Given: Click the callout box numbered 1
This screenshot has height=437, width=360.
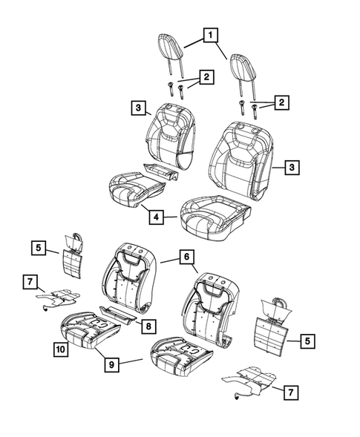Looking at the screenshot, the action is pyautogui.click(x=211, y=35).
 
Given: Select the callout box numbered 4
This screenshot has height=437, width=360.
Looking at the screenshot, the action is pyautogui.click(x=156, y=217).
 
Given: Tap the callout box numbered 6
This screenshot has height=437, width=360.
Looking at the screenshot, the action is pyautogui.click(x=186, y=257).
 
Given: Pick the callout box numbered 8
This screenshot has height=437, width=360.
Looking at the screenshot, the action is pyautogui.click(x=148, y=326).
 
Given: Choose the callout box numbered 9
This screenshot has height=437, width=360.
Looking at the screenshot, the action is pyautogui.click(x=111, y=364).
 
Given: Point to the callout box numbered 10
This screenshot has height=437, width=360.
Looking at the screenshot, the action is pyautogui.click(x=61, y=349).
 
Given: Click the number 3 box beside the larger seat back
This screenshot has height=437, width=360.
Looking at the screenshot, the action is pyautogui.click(x=292, y=168).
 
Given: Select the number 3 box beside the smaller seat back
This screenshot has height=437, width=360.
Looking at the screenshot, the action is pyautogui.click(x=139, y=108).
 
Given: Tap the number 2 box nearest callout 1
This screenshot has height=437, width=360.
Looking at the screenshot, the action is pyautogui.click(x=206, y=77).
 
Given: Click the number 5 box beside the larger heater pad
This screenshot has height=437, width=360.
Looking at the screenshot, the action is pyautogui.click(x=307, y=341).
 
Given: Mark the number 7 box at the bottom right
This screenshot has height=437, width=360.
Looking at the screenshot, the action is pyautogui.click(x=291, y=392).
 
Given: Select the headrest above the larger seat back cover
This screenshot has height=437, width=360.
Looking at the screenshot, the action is pyautogui.click(x=243, y=76).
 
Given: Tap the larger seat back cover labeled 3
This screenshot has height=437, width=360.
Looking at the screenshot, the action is pyautogui.click(x=240, y=160).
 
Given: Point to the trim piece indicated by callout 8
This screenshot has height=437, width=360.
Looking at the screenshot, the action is pyautogui.click(x=117, y=314).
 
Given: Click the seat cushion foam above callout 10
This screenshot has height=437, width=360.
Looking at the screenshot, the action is pyautogui.click(x=91, y=330).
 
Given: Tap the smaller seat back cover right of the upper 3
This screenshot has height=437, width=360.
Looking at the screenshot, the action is pyautogui.click(x=170, y=136).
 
